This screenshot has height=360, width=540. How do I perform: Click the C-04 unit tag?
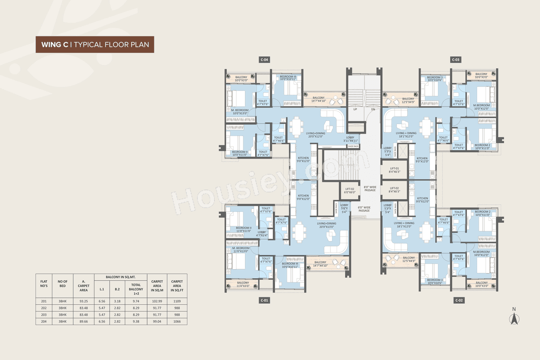tap(265, 60)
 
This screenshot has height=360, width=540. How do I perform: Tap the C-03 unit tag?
tap(456, 60)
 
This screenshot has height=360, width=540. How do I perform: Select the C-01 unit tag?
tap(265, 300)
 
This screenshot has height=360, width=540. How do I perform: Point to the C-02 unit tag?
tap(459, 300)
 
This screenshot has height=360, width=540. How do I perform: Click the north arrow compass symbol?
tap(514, 317)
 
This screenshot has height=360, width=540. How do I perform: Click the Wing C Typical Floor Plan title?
tap(95, 44)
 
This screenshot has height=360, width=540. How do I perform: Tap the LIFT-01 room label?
tap(394, 170)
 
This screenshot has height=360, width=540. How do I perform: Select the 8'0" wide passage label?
tap(370, 188)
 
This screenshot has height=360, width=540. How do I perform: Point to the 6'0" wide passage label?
tap(364, 209)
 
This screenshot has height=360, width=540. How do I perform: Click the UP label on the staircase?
tap(355, 109)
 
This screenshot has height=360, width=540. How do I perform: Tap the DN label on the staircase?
tap(373, 109)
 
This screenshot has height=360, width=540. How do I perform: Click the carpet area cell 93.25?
tap(84, 301)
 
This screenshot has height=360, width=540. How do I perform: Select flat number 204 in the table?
tap(43, 321)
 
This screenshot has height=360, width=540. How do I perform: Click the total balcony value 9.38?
tap(136, 321)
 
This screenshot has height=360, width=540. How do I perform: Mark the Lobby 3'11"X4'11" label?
tap(350, 139)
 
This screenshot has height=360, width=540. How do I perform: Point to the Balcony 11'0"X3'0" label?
tap(243, 284)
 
